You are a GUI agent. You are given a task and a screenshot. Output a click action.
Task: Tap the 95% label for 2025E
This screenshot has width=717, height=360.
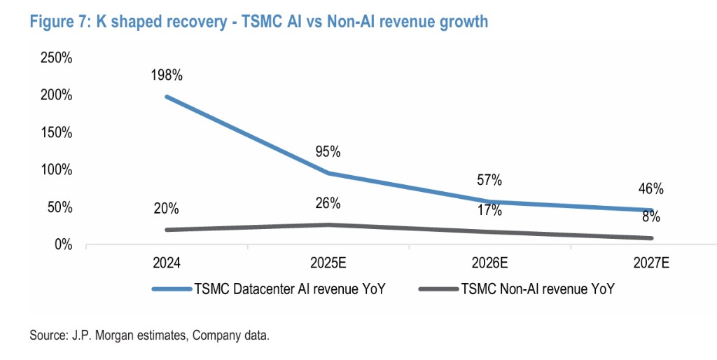tap(327, 151)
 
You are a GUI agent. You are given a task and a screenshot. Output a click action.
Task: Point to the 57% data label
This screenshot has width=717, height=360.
tap(489, 180)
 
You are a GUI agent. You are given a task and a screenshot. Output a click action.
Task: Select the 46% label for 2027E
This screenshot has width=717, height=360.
tap(650, 188)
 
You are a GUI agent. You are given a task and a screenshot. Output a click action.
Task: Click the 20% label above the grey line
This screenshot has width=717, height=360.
tap(166, 209)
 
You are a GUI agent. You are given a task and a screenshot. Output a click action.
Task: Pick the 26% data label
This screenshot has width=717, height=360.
tap(327, 204)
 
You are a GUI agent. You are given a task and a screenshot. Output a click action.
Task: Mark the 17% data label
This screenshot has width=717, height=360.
tap(489, 210)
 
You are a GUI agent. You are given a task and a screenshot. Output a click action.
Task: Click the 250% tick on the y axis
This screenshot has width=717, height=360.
tap(57, 58)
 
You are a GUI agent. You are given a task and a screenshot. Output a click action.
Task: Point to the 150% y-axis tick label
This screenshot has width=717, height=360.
tap(57, 132)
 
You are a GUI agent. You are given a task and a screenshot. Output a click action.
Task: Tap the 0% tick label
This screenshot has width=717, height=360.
tap(62, 244)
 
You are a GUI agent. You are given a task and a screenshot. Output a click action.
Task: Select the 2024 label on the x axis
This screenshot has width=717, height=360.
tap(166, 264)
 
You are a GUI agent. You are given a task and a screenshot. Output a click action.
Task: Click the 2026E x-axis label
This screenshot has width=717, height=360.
tap(489, 264)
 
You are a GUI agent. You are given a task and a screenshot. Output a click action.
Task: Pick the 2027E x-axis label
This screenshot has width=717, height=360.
tap(650, 264)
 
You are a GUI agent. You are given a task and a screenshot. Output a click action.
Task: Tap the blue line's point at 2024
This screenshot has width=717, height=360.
tap(166, 97)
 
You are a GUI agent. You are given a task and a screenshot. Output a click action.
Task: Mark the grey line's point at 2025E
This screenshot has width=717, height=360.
tap(327, 225)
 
